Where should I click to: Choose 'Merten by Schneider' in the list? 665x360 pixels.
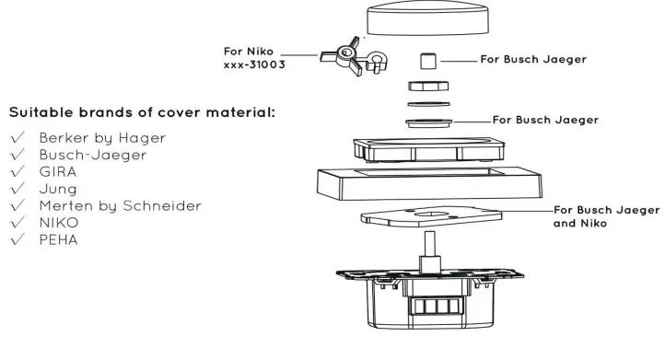[x=119, y=205]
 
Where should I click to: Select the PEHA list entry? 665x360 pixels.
[x=56, y=238]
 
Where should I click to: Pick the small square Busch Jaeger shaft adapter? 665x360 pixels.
[x=426, y=62]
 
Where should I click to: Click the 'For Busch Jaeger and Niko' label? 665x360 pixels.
[x=606, y=216]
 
